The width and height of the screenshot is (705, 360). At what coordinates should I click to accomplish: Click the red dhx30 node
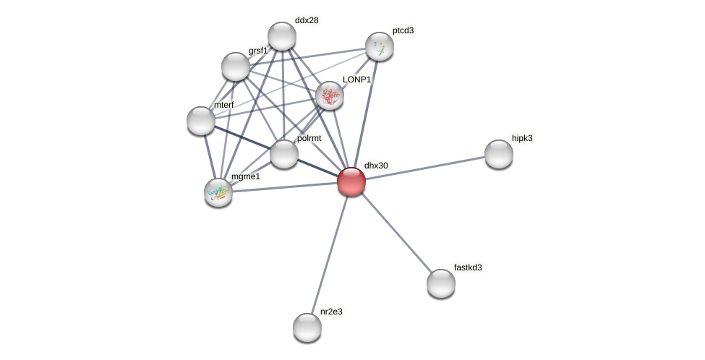pyautogui.click(x=351, y=182)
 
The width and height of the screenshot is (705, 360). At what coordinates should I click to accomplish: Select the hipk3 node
pyautogui.click(x=499, y=154)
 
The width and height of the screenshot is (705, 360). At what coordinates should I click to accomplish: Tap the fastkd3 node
pyautogui.click(x=441, y=283)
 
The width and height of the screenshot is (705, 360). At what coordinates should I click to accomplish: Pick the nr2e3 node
pyautogui.click(x=307, y=327)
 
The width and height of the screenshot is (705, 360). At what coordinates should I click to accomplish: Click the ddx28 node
pyautogui.click(x=282, y=36)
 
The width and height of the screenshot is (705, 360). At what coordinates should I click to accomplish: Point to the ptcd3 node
pyautogui.click(x=380, y=46)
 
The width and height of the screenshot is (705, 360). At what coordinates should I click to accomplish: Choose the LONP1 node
pyautogui.click(x=330, y=95)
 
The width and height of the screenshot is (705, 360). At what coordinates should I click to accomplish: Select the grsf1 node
pyautogui.click(x=236, y=67)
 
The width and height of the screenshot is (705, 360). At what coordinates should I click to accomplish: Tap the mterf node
pyautogui.click(x=201, y=121)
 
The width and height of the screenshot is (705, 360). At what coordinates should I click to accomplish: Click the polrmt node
pyautogui.click(x=283, y=154)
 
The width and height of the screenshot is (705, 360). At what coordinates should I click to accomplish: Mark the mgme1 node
pyautogui.click(x=218, y=193)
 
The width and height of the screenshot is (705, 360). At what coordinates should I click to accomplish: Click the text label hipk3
pyautogui.click(x=522, y=138)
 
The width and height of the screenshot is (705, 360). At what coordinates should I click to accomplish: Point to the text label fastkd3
pyautogui.click(x=468, y=267)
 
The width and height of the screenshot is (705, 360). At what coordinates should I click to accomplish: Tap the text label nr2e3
pyautogui.click(x=331, y=312)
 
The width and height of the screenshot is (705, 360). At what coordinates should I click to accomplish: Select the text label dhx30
pyautogui.click(x=376, y=166)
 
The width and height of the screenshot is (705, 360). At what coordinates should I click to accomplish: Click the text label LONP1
pyautogui.click(x=357, y=80)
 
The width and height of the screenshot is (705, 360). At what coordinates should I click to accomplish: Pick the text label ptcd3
pyautogui.click(x=403, y=31)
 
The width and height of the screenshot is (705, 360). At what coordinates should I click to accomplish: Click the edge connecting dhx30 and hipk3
pyautogui.click(x=425, y=168)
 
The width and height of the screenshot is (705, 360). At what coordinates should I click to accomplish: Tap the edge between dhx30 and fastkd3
pyautogui.click(x=396, y=233)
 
